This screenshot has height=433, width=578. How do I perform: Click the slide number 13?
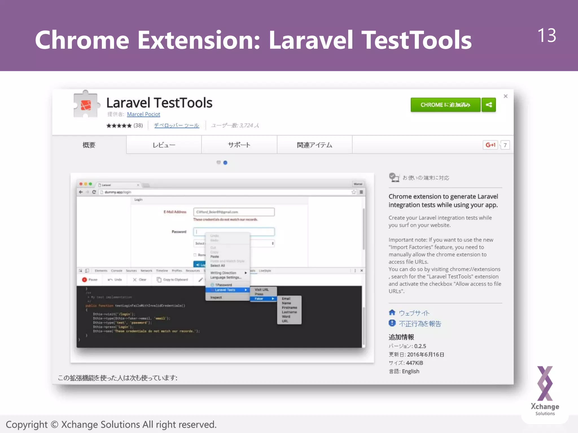pyautogui.click(x=546, y=36)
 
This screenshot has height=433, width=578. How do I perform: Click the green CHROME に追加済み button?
pyautogui.click(x=445, y=105)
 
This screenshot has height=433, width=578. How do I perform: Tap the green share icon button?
pyautogui.click(x=489, y=105)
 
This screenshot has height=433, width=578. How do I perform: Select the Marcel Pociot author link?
pyautogui.click(x=143, y=114)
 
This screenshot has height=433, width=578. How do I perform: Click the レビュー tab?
pyautogui.click(x=164, y=145)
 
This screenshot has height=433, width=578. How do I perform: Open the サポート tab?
pyautogui.click(x=239, y=145)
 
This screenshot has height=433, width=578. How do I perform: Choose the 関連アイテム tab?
pyautogui.click(x=314, y=145)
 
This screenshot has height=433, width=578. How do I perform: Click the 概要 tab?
pyautogui.click(x=89, y=145)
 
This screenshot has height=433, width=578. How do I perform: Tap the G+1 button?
pyautogui.click(x=490, y=145)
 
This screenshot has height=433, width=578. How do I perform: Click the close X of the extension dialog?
pyautogui.click(x=505, y=96)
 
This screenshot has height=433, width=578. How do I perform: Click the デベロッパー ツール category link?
pyautogui.click(x=176, y=125)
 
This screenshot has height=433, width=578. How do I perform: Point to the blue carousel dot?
pyautogui.click(x=225, y=163)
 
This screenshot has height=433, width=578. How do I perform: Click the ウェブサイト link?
pyautogui.click(x=414, y=313)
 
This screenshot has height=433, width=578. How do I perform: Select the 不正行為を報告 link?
pyautogui.click(x=420, y=324)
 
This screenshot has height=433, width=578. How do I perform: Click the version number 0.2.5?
pyautogui.click(x=420, y=346)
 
